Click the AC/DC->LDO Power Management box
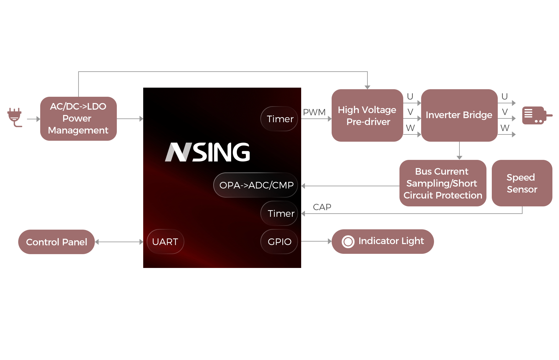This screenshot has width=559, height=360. pos(78,118)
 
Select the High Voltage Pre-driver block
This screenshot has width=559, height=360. pos(367,115)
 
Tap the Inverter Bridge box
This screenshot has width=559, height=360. pos(459,115)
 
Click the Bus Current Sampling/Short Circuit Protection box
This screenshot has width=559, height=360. pos(442,183)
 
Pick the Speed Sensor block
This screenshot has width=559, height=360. pos(522,183)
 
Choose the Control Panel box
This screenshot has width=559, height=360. pos(56,242)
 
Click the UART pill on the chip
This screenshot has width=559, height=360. pos(165,242)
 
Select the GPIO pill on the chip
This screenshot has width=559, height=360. pos(279,242)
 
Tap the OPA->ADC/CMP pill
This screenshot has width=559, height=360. pos(256,185)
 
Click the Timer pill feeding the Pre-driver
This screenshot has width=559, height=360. pos(279,119)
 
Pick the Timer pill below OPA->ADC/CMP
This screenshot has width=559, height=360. pos(279,213)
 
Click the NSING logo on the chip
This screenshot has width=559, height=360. pos(208,152)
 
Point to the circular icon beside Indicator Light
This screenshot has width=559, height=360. pos(348,242)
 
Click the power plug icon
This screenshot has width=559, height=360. pos(15,117)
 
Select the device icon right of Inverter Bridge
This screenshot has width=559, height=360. pos(537,115)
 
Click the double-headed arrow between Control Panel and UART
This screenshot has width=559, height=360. pos(119,242)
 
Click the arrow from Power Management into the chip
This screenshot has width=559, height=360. pos(130,119)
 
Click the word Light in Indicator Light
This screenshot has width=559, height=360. pos(412,241)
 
